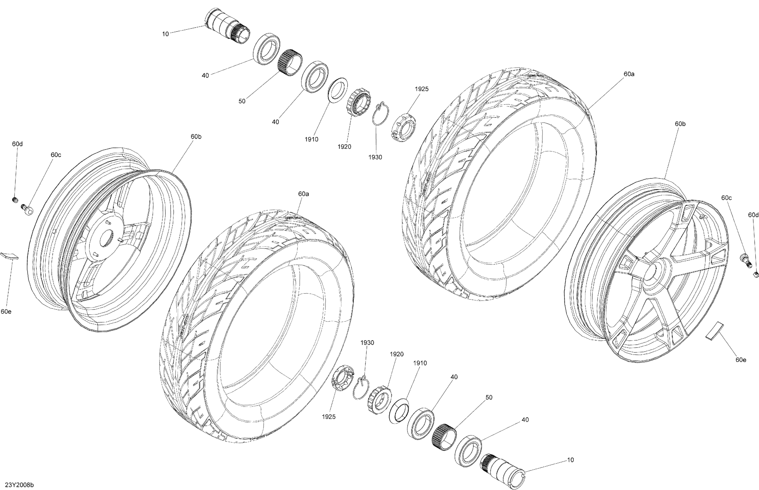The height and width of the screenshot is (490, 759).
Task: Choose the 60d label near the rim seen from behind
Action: click(x=18, y=144)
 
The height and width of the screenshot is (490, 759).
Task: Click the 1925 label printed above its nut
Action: click(x=422, y=89)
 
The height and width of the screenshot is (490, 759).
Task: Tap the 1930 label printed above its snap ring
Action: click(x=367, y=343)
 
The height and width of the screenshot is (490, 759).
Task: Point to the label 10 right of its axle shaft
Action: click(x=570, y=460)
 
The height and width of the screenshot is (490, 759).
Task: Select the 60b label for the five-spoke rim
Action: click(x=680, y=124)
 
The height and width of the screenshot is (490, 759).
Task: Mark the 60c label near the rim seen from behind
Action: click(x=56, y=154)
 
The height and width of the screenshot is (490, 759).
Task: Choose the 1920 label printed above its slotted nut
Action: click(x=397, y=354)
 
